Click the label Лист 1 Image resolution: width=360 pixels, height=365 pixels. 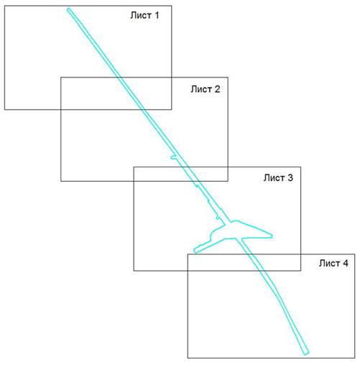pyautogui.click(x=144, y=15)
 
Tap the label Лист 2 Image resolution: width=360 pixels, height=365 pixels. pyautogui.click(x=206, y=89)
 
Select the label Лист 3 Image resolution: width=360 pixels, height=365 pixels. pyautogui.click(x=278, y=177)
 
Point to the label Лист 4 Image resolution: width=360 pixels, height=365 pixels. pyautogui.click(x=333, y=263)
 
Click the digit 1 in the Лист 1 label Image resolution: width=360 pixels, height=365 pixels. pyautogui.click(x=157, y=15)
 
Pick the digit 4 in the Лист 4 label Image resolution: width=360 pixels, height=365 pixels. pyautogui.click(x=346, y=263)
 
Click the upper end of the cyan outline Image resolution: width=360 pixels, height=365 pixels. pyautogui.click(x=68, y=9)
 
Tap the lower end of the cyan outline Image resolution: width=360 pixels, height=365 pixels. pyautogui.click(x=307, y=354)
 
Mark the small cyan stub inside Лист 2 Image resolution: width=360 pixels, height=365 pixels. pyautogui.click(x=174, y=157)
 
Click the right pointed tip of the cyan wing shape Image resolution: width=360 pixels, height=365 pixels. pyautogui.click(x=272, y=236)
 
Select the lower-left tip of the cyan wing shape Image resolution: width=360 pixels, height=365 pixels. pyautogui.click(x=195, y=251)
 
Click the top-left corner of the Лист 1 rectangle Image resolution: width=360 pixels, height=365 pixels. pyautogui.click(x=5, y=6)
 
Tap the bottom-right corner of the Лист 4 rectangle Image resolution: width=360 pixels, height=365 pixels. pyautogui.click(x=355, y=358)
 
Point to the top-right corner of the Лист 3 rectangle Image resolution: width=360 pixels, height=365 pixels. pyautogui.click(x=301, y=167)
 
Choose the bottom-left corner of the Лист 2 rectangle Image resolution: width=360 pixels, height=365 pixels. pyautogui.click(x=61, y=181)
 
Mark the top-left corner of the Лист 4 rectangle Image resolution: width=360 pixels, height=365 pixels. pyautogui.click(x=188, y=254)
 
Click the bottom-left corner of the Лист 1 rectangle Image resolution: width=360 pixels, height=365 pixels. pyautogui.click(x=5, y=109)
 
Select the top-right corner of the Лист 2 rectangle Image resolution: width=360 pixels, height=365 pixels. pyautogui.click(x=228, y=77)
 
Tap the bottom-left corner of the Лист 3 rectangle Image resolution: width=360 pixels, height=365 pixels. pyautogui.click(x=134, y=271)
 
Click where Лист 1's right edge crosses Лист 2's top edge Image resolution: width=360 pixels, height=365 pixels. pyautogui.click(x=172, y=77)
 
